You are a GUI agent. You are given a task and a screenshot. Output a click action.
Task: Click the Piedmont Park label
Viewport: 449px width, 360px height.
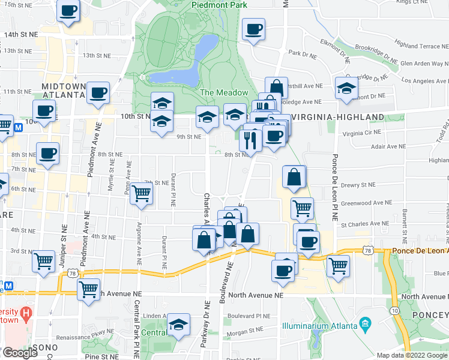tap(220, 5)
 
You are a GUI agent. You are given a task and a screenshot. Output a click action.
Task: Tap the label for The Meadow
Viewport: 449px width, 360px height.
tap(224, 92)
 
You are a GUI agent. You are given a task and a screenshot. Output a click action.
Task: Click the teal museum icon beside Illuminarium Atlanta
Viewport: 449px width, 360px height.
tap(364, 327)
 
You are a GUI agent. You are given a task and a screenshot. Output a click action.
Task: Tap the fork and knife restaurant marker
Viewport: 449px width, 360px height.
tap(249, 140)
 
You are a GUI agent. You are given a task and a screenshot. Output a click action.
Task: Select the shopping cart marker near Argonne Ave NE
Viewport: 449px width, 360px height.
tap(142, 193)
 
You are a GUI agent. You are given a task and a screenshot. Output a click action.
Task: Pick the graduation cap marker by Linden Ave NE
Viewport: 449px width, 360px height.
tap(178, 325)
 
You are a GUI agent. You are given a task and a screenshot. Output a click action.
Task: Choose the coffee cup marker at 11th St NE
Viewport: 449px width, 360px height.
tap(98, 93)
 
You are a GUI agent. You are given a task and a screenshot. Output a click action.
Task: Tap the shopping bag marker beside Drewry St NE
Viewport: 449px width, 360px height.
tap(294, 177)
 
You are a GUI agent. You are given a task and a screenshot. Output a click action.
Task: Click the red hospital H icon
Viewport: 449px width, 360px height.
tap(26, 313)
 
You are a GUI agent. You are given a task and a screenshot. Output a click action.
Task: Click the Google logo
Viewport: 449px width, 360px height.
tap(20, 353)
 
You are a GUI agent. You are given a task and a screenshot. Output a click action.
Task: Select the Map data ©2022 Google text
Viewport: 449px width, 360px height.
tap(412, 355)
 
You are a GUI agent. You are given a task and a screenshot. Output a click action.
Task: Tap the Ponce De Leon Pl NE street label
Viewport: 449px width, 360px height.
tap(334, 186)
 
